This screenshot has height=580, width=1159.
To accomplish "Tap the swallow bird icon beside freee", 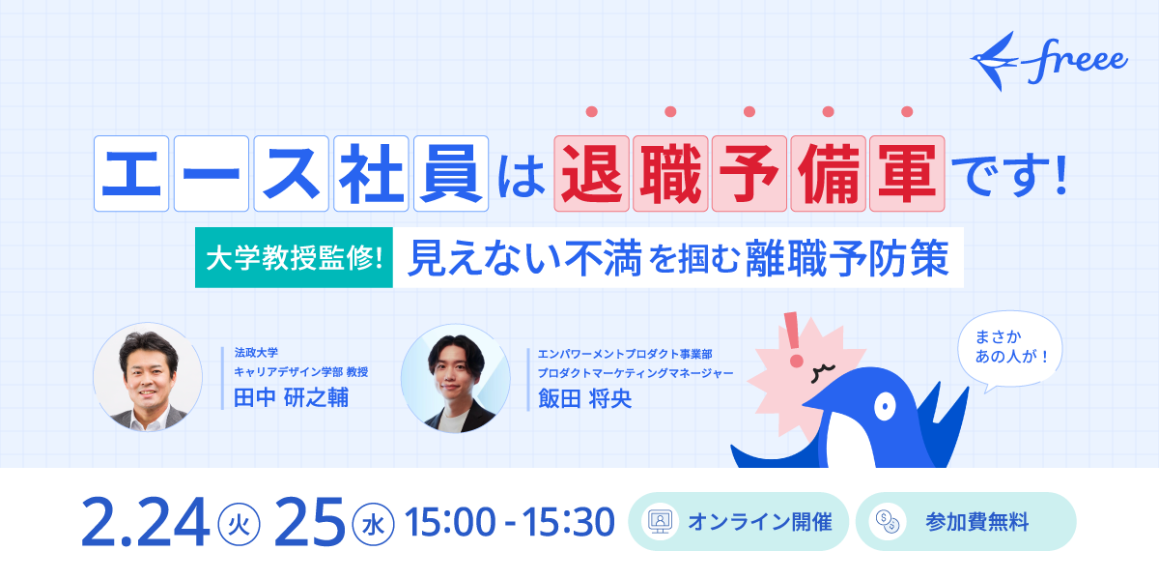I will [x=995, y=60].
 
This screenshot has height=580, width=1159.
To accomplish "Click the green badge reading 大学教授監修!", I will [x=294, y=257].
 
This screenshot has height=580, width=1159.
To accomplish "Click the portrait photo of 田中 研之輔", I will [x=148, y=377].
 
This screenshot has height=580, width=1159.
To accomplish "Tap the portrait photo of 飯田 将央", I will [x=455, y=378].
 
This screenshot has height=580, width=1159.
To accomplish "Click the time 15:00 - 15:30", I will [x=511, y=523].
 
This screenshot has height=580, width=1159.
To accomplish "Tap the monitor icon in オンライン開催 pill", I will [x=660, y=522].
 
